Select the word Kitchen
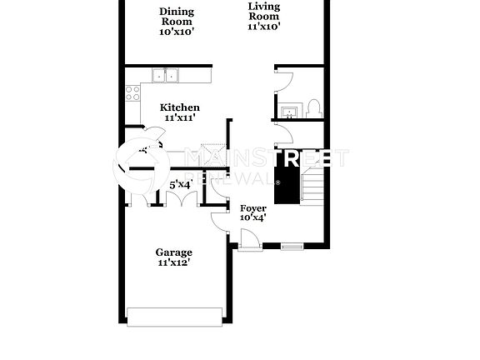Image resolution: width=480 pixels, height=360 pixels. coord(180,107)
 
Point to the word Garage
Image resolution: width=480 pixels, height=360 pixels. coord(174,252)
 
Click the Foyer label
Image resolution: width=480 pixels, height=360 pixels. coord(252,207)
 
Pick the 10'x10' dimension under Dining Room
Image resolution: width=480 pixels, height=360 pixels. coord(177,32)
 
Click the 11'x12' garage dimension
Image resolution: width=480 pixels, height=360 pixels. coord(174,263)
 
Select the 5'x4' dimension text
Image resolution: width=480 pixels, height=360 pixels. coord(181,184)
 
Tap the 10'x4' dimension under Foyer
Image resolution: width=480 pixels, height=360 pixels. coord(252,218)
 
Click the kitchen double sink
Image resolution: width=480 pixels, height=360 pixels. coord(167,77)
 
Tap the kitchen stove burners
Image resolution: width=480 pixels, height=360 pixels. coord(131,93)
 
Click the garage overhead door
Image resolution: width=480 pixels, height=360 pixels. coord(174,316)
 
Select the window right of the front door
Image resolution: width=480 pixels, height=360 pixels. coord(292,246)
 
